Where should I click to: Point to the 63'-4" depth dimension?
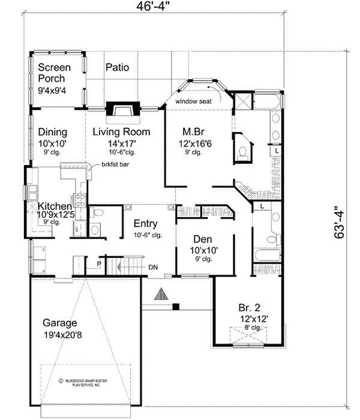pos(340,222)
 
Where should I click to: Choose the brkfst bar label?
pos(116,164)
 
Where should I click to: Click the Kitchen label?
pos(55,206)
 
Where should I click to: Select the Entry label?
pos(145,224)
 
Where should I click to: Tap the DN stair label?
pos(153,267)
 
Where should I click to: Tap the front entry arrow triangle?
pos(161,293)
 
